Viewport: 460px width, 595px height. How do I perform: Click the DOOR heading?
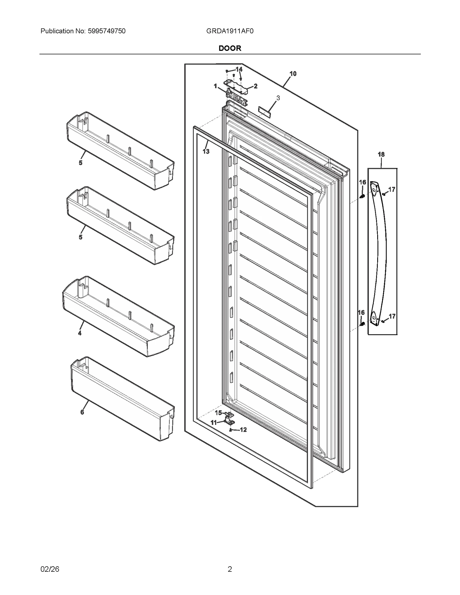point(230,48)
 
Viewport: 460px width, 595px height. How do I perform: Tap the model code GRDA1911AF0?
point(230,31)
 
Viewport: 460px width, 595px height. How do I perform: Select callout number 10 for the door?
point(293,74)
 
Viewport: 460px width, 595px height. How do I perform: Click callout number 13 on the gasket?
point(206,151)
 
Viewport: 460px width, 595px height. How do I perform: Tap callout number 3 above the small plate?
point(278,98)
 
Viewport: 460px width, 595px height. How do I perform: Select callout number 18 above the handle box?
point(381,155)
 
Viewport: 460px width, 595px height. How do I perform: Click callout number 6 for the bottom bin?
point(82,412)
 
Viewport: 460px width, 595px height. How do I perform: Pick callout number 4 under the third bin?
point(80,333)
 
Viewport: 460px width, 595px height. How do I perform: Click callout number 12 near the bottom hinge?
point(243,430)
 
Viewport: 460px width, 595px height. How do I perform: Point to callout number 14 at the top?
point(239,69)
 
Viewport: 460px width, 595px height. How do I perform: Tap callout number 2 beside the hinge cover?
point(255,86)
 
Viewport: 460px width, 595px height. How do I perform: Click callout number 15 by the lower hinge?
point(218,413)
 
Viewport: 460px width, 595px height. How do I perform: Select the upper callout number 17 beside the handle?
point(392,189)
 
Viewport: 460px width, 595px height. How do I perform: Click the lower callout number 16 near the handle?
point(361,312)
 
